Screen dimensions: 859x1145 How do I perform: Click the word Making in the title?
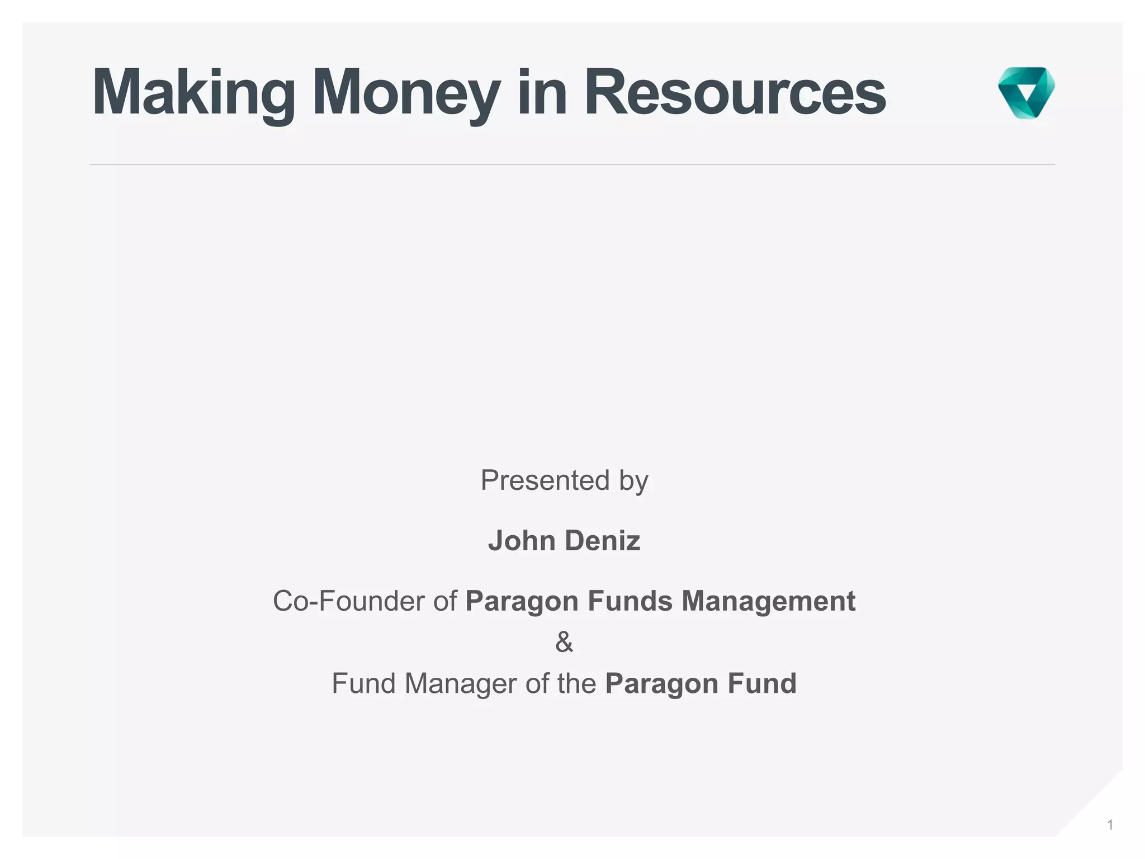coord(193,93)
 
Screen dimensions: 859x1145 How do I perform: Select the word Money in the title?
coord(406,93)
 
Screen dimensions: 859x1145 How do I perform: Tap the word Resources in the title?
coord(735,93)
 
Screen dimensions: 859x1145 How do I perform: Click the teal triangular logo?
coord(1026,92)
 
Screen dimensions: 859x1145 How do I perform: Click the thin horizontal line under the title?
coord(572,164)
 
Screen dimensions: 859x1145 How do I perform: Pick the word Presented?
coord(545,480)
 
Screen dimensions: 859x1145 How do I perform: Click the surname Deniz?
coord(602,541)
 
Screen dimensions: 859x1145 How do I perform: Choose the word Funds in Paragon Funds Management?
coord(630,601)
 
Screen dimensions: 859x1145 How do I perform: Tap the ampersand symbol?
coord(564,642)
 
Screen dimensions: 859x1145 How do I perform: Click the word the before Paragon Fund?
coord(577,683)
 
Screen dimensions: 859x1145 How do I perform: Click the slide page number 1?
coord(1110,825)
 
